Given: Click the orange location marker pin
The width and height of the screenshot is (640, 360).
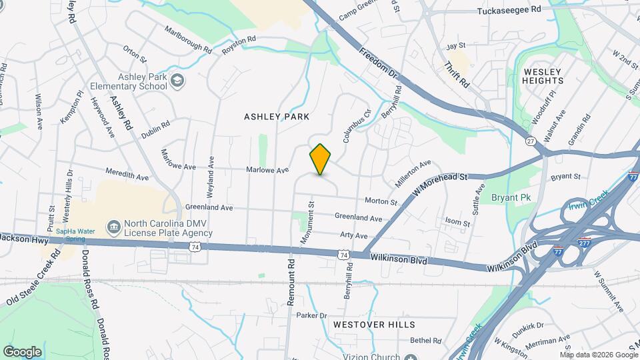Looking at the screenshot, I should tap(321, 159).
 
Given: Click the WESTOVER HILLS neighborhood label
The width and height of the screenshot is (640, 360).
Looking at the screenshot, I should tap(374, 325).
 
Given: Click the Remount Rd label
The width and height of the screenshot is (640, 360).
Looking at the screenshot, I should tap(291, 282).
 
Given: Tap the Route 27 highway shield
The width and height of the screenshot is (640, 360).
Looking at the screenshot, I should tap(531, 141).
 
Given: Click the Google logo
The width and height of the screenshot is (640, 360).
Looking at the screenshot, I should tap(22, 352).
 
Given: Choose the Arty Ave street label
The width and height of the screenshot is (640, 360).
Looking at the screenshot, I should tap(354, 236).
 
